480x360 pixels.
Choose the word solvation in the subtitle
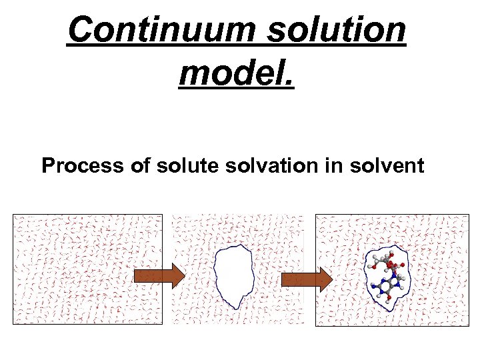pos(265,165)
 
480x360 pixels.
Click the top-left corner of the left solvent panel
pos(13,215)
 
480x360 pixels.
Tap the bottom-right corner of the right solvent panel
pos(468,325)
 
